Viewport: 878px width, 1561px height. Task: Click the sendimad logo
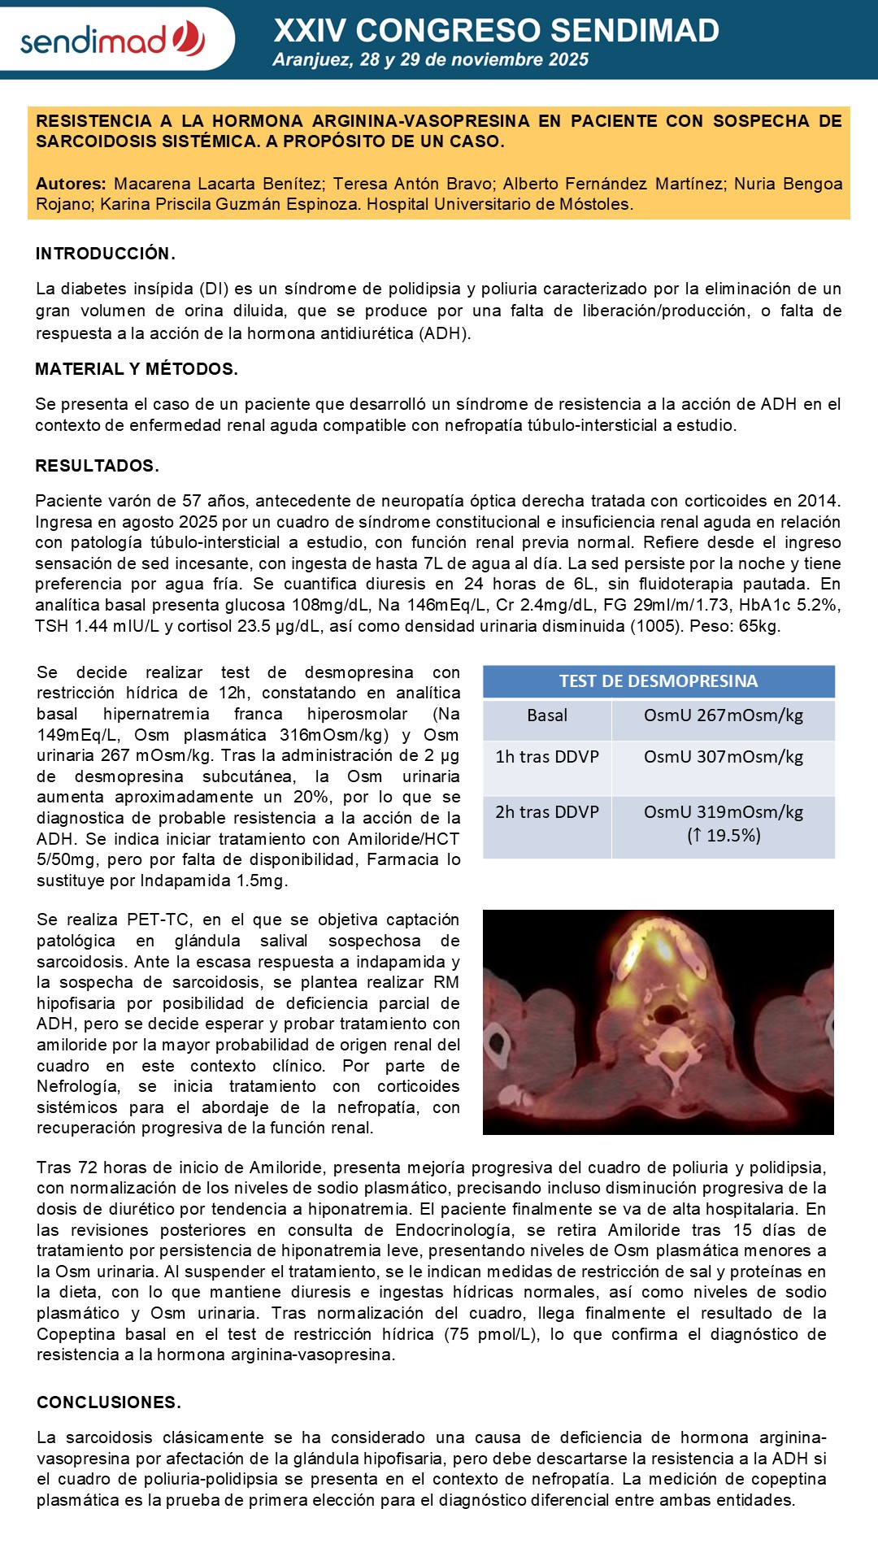[x=112, y=39]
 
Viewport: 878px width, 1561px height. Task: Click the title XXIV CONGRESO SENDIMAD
[x=496, y=31]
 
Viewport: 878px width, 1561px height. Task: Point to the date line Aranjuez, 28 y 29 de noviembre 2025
[x=430, y=59]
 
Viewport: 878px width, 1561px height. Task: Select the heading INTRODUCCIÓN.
[x=105, y=254]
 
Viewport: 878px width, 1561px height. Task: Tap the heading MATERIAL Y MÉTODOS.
[x=137, y=369]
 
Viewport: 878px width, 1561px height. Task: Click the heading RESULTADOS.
[x=97, y=466]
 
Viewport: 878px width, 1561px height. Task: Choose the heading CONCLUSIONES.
[x=109, y=1402]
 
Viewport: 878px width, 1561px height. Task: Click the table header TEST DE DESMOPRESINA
[x=658, y=681]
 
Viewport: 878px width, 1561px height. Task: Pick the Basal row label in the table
[x=547, y=715]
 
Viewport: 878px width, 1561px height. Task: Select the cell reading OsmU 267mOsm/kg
[x=723, y=715]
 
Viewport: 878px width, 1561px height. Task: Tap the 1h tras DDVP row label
[x=547, y=757]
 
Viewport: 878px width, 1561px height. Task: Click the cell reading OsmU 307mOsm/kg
[x=723, y=757]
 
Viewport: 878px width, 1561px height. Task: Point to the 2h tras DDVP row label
[x=547, y=812]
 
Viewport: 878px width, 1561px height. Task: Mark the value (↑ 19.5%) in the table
[x=724, y=836]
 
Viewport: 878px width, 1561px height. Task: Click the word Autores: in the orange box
[x=71, y=184]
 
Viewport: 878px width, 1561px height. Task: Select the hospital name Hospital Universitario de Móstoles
[x=499, y=204]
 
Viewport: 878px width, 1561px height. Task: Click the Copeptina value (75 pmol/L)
[x=490, y=1334]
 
